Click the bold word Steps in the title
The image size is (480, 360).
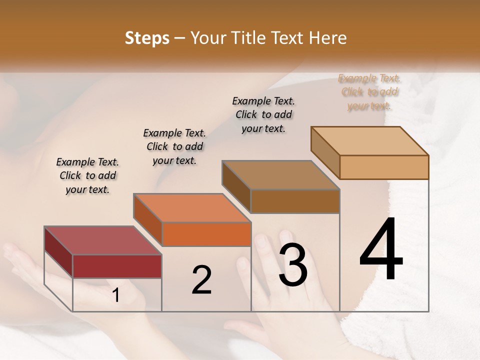(147, 38)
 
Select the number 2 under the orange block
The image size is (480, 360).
(201, 279)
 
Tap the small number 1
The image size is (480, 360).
(116, 295)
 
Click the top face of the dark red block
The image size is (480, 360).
(102, 240)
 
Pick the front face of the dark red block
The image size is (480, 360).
(117, 266)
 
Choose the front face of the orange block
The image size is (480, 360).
(206, 234)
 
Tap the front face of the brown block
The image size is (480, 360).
(295, 201)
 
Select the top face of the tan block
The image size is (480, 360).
(369, 141)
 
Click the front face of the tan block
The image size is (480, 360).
(384, 167)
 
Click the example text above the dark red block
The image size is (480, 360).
(87, 175)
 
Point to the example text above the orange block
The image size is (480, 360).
(174, 146)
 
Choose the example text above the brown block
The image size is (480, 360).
(263, 114)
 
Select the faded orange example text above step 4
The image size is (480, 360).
(369, 92)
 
